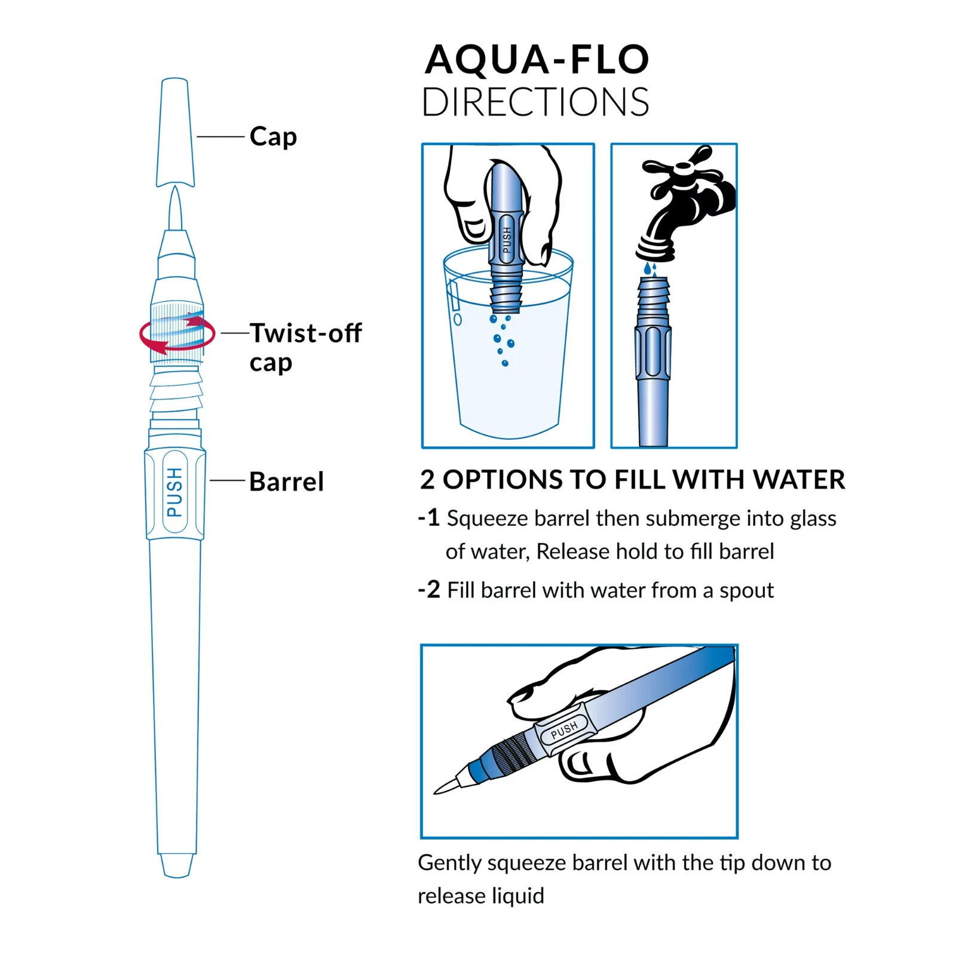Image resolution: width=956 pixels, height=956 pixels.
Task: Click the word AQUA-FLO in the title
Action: pos(536,60)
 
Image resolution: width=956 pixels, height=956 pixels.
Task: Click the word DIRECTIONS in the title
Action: pos(535,102)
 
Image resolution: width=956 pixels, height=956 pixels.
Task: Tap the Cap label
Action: pos(273,137)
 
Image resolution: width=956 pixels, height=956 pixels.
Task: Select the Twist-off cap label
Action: pos(305,347)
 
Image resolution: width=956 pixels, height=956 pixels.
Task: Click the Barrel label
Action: pos(286,482)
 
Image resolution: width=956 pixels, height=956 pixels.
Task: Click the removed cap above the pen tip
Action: pos(175,133)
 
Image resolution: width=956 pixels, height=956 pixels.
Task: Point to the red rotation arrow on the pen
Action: pos(177,335)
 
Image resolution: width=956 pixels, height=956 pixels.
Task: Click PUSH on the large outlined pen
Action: pos(174,492)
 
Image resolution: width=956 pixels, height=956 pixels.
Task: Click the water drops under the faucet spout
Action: pos(650,269)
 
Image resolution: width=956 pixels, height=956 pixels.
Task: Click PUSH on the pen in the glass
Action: pos(507,239)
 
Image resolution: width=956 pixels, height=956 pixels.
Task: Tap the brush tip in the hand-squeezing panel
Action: pos(447,786)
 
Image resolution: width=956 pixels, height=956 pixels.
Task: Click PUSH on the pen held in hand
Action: pos(564,729)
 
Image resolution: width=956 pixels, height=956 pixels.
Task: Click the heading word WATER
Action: pos(799,480)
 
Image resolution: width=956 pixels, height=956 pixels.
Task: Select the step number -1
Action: pos(429,517)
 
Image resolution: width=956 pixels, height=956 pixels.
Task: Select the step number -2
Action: pos(429,590)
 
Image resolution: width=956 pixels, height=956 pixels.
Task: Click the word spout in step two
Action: pos(746,590)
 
